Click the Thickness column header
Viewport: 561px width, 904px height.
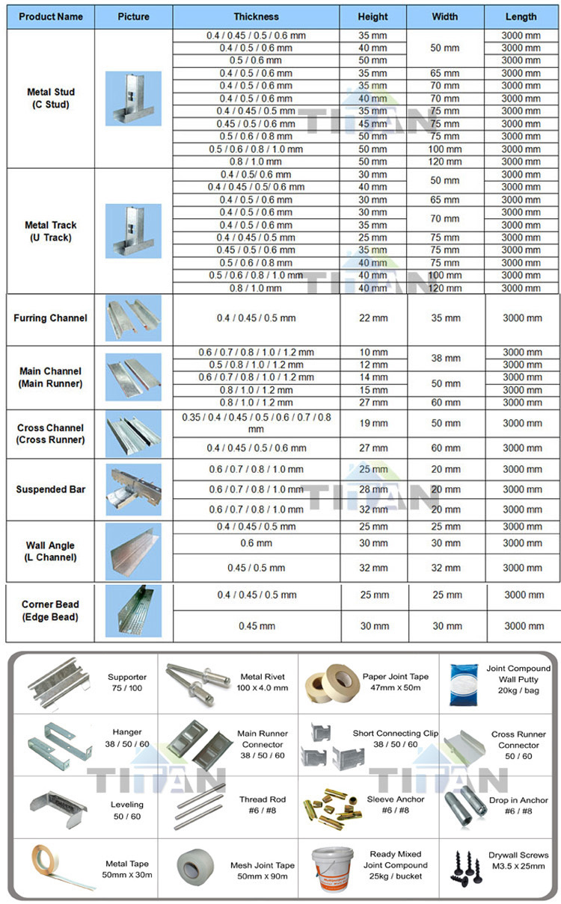pos(256,16)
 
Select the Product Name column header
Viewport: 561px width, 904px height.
pos(51,16)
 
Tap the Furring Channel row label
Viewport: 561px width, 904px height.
pos(50,318)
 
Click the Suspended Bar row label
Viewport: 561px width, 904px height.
pos(50,489)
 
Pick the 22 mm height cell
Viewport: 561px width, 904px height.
pos(374,318)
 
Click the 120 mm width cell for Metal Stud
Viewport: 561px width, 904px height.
pos(446,161)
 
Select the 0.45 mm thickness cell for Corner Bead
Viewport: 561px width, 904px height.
pos(256,626)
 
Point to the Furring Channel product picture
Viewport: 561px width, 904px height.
pos(133,318)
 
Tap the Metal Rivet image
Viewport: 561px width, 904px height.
pos(194,678)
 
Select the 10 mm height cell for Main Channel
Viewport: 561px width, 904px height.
pos(374,352)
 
